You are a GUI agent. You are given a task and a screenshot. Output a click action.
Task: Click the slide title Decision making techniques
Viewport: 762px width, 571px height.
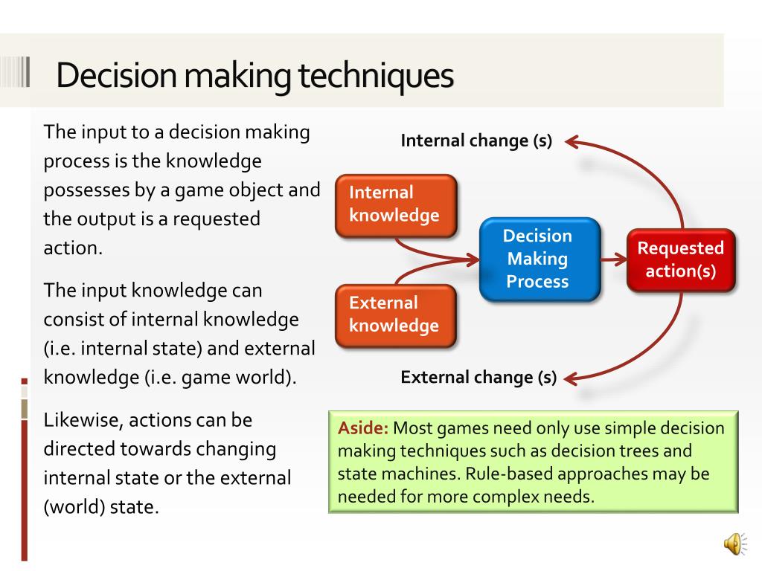[254, 75]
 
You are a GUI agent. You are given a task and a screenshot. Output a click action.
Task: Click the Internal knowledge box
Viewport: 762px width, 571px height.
[394, 204]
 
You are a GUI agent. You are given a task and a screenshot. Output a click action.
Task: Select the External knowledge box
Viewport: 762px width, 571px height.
[394, 314]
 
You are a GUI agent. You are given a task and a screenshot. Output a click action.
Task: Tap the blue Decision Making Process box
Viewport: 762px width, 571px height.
[537, 259]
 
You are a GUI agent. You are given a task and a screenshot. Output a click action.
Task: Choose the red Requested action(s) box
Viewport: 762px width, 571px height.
[680, 259]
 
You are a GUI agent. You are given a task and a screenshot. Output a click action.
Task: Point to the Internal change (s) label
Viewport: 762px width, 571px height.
[476, 141]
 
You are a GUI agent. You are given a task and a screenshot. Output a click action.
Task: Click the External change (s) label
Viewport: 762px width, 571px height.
[478, 377]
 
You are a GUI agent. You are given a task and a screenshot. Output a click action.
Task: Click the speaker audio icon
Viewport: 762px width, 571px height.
[733, 544]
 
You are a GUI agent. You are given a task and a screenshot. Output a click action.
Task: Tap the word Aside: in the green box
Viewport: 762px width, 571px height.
[363, 428]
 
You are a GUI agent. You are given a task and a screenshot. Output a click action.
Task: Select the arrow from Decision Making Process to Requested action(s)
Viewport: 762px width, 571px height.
[613, 259]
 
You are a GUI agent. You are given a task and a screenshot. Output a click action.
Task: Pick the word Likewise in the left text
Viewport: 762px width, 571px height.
[81, 420]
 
